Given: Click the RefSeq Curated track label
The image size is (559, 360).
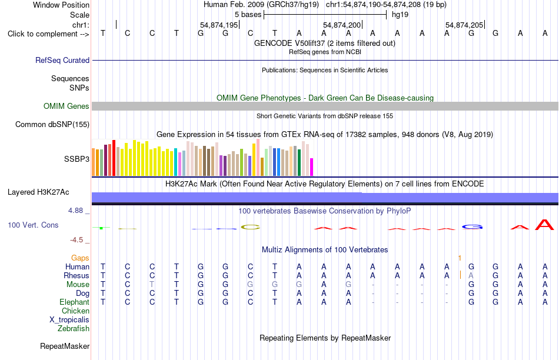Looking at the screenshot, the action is click(x=62, y=60).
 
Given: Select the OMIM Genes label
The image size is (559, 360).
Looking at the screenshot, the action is click(x=66, y=106).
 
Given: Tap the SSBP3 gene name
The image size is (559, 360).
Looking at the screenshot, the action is click(x=76, y=159).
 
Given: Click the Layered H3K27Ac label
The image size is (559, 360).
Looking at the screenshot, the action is click(x=38, y=192).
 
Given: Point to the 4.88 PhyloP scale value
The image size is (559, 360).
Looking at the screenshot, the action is click(x=75, y=211).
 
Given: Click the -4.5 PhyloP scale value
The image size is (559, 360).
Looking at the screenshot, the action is click(x=76, y=240).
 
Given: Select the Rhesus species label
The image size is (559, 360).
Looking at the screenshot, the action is click(x=76, y=275).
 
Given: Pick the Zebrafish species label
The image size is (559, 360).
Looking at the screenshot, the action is click(x=74, y=329).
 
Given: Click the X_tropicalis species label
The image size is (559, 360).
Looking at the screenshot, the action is click(x=69, y=320).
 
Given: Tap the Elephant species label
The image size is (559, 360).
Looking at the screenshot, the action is click(x=74, y=302).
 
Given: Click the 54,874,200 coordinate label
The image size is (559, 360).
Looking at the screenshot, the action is click(x=342, y=25).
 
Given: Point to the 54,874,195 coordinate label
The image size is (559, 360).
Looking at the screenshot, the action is click(x=219, y=25).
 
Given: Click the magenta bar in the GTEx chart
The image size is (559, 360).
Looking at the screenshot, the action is click(x=312, y=167).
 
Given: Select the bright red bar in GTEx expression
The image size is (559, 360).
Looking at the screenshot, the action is click(x=114, y=158).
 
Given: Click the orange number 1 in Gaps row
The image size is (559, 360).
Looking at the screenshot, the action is click(x=460, y=258).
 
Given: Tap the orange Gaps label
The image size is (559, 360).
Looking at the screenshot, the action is click(x=80, y=258).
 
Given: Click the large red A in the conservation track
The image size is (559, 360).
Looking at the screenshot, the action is click(x=544, y=225).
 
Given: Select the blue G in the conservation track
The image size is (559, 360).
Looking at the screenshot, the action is click(x=472, y=227).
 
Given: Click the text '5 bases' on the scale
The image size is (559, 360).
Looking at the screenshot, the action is click(x=248, y=15).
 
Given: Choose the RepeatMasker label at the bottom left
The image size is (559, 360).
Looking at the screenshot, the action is click(x=65, y=346).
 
